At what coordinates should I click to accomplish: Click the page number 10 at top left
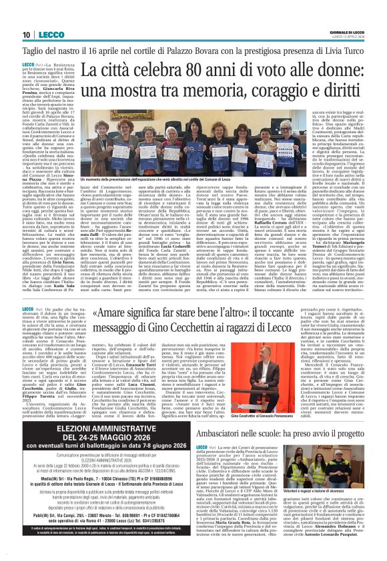click(x=26, y=35)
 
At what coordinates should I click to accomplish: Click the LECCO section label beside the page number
click(x=45, y=35)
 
